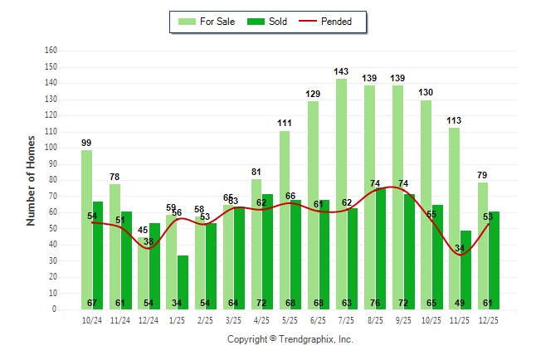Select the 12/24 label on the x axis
149,320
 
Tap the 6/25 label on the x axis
319,320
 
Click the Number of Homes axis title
32,180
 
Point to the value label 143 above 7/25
341,71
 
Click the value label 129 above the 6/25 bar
313,95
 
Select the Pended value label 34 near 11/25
460,248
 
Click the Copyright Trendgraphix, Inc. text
290,339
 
